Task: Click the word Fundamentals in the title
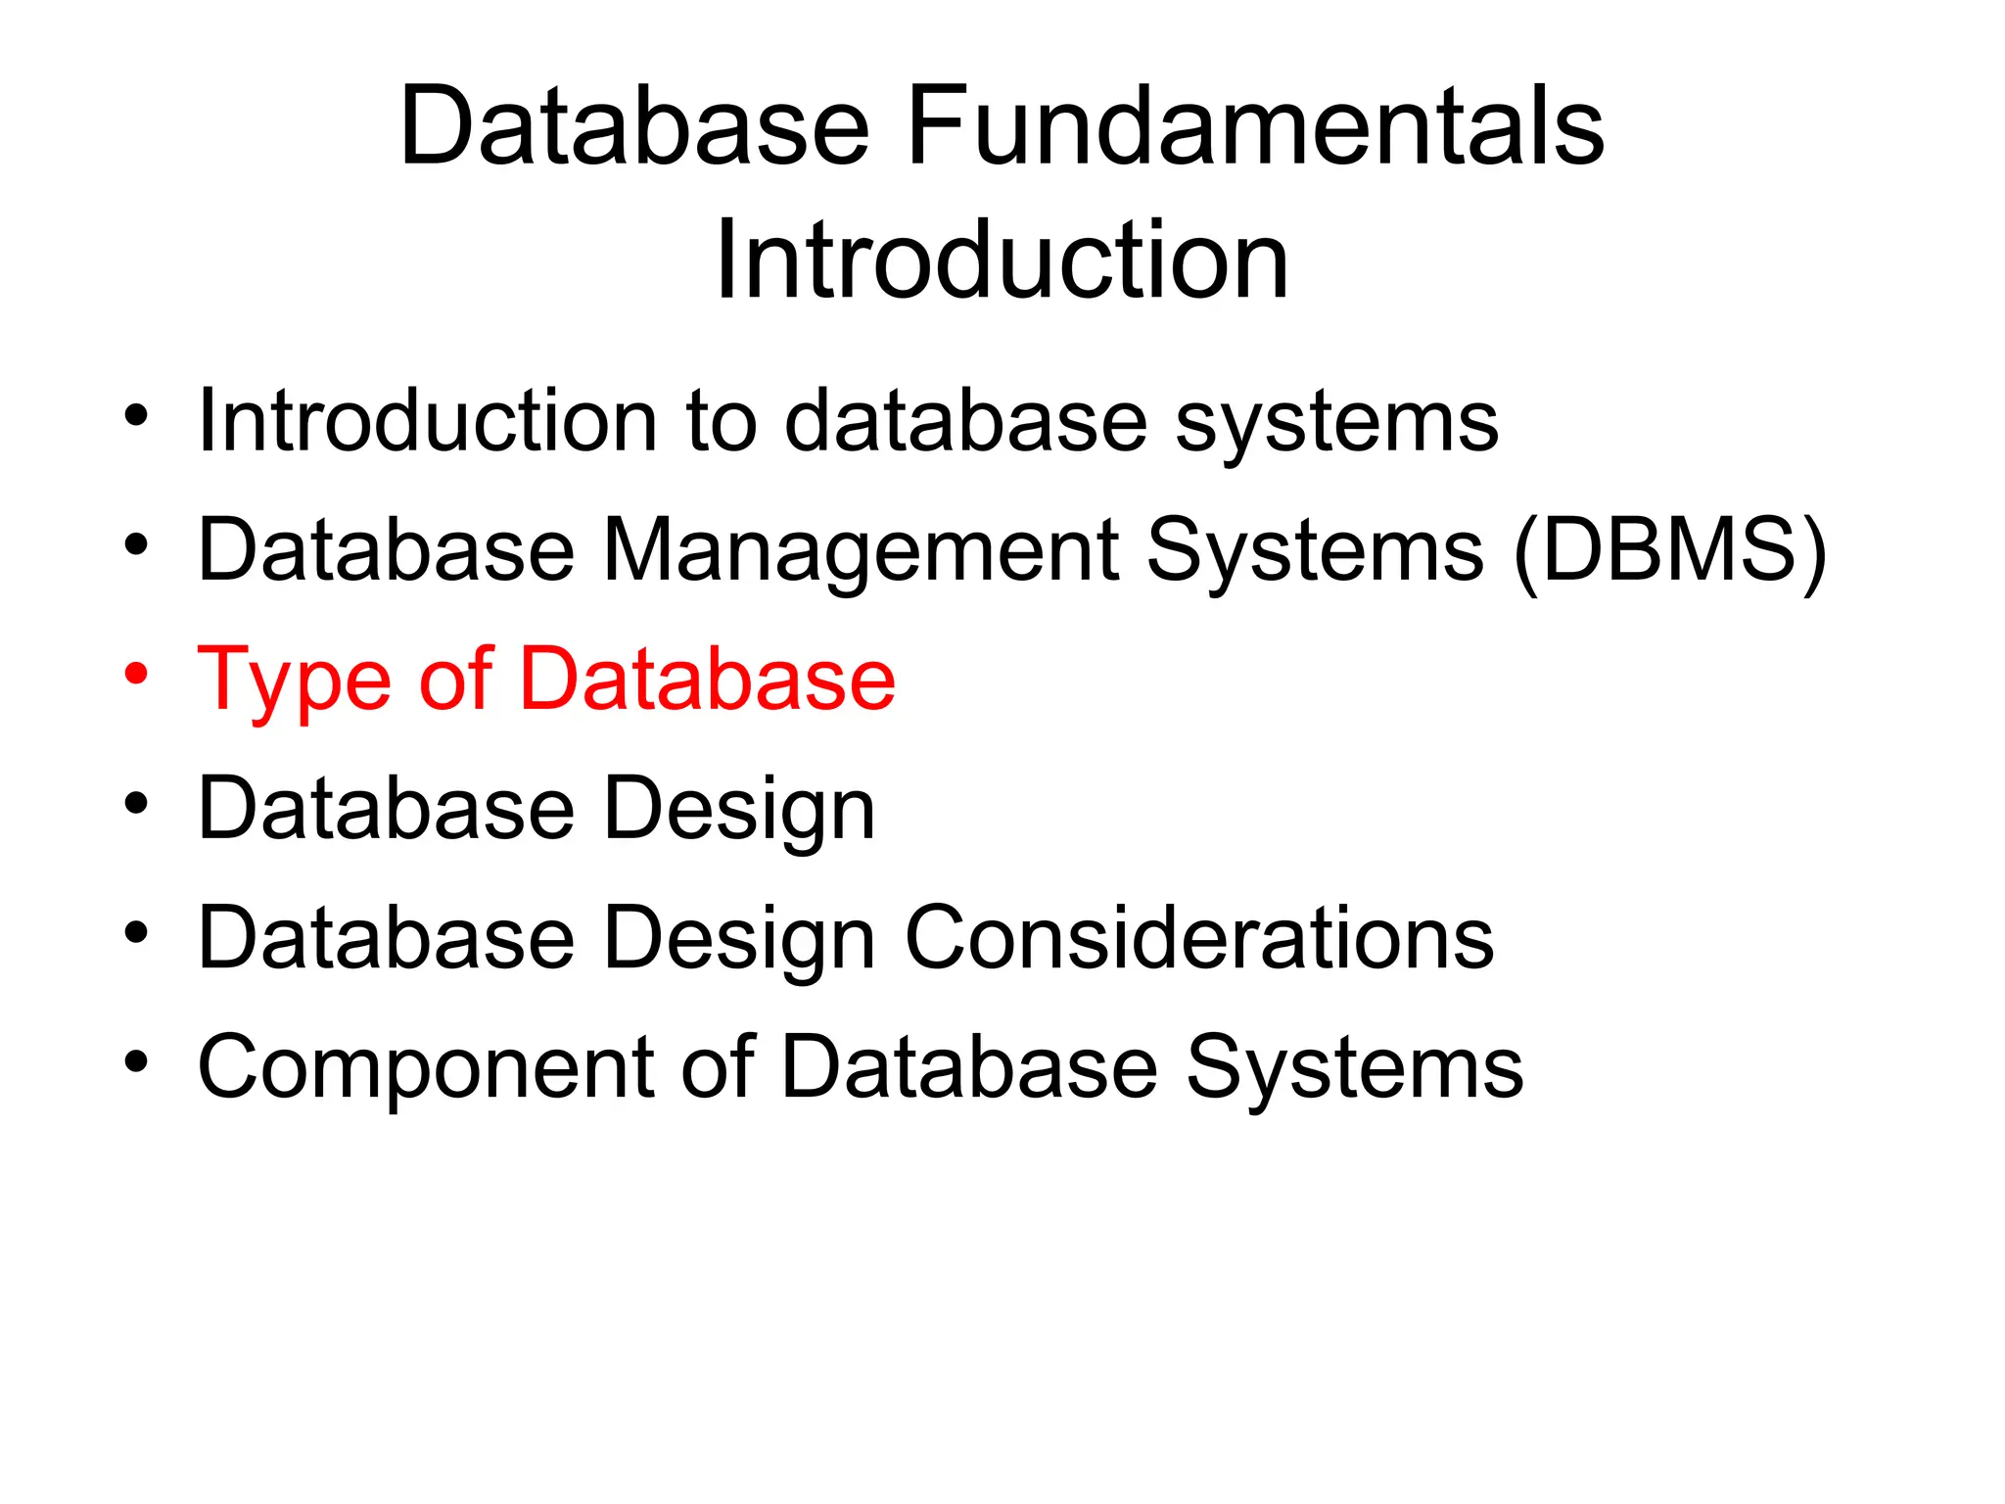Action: click(x=1255, y=127)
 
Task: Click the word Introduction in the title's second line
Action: click(x=1002, y=260)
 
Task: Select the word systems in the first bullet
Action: click(x=1336, y=423)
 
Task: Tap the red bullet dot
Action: click(x=136, y=674)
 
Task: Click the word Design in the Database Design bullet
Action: click(x=739, y=811)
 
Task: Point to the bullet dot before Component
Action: click(x=136, y=1061)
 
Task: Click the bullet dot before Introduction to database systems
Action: click(x=136, y=415)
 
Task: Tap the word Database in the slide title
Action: click(x=634, y=127)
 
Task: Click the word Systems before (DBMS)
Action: click(x=1315, y=553)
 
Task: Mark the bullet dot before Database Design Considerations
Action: click(x=136, y=932)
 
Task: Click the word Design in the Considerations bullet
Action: click(x=739, y=940)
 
